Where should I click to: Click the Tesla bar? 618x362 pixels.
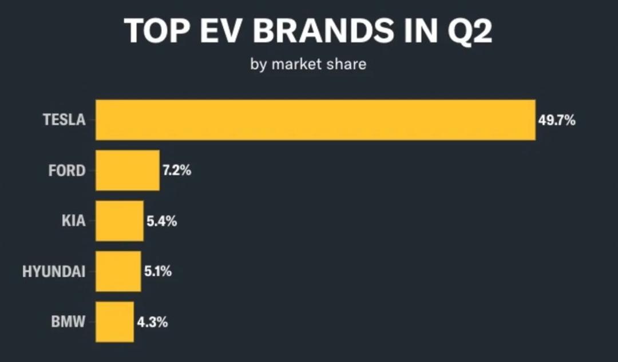315,120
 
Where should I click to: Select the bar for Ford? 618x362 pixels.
127,170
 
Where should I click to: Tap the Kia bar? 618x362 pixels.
120,221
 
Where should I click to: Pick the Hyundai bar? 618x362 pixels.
118,271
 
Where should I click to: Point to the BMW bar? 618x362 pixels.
114,322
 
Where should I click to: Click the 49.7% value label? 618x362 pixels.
557,120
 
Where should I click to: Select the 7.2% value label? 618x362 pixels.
177,170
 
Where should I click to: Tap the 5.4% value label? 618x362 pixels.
161,221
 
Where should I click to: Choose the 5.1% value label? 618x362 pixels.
158,271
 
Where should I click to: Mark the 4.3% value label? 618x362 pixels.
152,322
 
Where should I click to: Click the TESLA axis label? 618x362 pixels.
64,120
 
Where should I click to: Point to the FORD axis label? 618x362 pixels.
67,170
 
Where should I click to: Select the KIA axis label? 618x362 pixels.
73,221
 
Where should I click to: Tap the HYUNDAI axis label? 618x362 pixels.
54,272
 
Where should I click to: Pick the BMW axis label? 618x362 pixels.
68,322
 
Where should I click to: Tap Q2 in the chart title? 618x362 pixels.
470,31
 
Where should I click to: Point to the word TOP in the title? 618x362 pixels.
156,31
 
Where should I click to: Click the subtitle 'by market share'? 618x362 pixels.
308,64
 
